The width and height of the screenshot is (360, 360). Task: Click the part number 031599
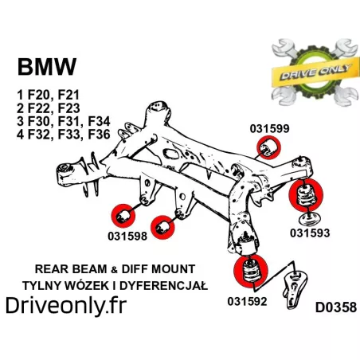269,128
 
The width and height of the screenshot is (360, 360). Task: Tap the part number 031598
127,236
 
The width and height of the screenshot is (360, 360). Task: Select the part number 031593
310,233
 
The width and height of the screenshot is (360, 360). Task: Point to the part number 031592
247,301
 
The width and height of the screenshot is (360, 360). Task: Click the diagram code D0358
336,307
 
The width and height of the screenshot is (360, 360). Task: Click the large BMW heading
47,67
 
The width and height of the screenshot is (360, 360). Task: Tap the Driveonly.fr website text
66,306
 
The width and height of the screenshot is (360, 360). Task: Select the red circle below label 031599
268,147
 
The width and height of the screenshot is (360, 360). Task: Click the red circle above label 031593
306,195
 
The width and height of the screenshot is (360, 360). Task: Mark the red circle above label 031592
251,271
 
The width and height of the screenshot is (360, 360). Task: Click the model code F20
39,95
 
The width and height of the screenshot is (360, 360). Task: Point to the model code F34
99,121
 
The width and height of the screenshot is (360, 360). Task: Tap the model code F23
68,108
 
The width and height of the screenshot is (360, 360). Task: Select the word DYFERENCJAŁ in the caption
163,286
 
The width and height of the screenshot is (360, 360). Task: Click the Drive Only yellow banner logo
315,72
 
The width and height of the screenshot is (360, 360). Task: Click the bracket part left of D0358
295,288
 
